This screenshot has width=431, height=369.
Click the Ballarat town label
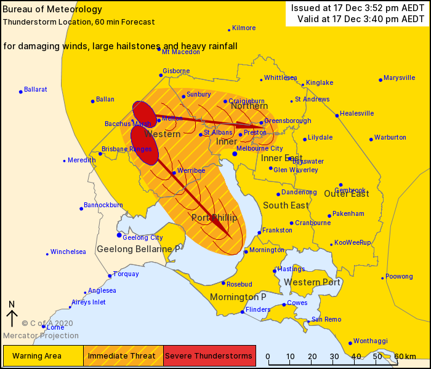[36, 89]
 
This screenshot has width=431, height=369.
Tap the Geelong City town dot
[119, 235]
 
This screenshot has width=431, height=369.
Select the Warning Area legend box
[43, 356]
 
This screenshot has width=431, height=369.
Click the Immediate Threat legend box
[123, 356]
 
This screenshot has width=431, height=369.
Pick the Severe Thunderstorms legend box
[209, 356]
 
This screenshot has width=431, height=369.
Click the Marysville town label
[400, 78]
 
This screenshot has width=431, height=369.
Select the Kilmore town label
[244, 28]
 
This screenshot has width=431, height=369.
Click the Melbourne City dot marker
[235, 153]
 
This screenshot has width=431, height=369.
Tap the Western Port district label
[312, 282]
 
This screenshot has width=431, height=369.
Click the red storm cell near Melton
[144, 114]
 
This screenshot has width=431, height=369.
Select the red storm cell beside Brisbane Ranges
[144, 145]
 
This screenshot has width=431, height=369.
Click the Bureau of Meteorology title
[44, 10]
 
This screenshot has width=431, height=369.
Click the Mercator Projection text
[41, 336]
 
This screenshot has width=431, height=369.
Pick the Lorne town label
[55, 327]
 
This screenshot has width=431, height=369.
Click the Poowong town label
[399, 277]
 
